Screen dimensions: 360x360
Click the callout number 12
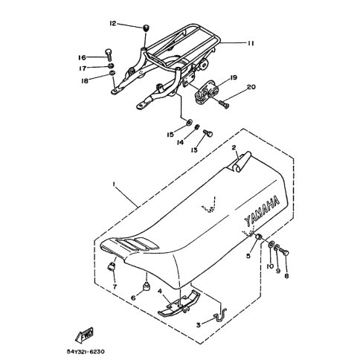point(113,24)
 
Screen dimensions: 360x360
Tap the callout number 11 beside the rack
point(251,43)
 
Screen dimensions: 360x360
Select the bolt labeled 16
point(109,55)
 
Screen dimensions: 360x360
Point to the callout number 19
point(234,77)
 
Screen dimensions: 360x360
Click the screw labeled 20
point(224,103)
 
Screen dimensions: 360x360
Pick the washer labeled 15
point(190,122)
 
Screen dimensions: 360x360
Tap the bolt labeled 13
point(208,134)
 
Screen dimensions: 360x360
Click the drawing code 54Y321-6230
point(86,352)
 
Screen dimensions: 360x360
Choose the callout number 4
point(160,291)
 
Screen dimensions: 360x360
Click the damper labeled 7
point(111,266)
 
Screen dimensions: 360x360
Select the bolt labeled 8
point(284,253)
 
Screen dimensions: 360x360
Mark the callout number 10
point(270,266)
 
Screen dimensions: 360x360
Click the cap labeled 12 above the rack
point(147,28)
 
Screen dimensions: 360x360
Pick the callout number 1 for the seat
point(114,184)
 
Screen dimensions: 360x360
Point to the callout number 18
point(85,81)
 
